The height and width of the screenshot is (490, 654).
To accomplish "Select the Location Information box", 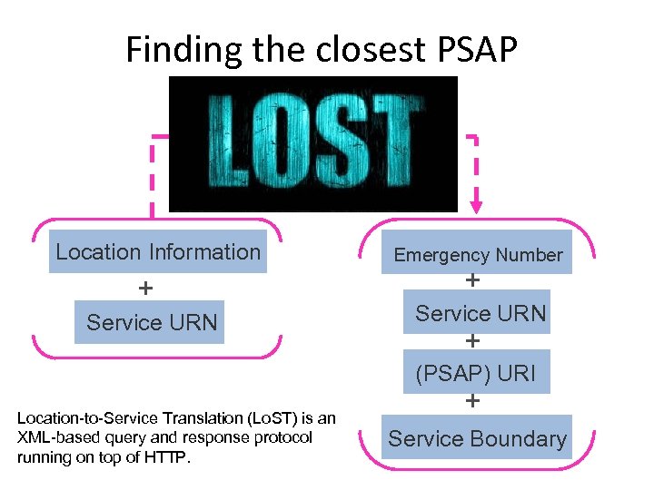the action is pos(158,252).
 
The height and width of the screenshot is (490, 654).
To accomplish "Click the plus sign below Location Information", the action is pos(144,289).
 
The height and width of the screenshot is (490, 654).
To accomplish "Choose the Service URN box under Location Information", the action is pos(152,322).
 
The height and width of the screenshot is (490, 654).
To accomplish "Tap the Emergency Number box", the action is pos(478,255).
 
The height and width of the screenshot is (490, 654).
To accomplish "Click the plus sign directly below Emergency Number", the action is pos(473,281).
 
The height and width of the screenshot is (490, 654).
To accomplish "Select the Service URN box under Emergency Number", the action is pos(481,314).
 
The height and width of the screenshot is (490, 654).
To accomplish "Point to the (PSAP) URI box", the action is pos(476,373).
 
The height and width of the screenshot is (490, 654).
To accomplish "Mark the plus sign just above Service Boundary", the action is pos(473,400).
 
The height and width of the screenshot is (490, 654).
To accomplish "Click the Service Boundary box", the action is pos(477,439).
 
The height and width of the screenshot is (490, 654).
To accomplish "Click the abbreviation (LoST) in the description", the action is pos(276,418).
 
